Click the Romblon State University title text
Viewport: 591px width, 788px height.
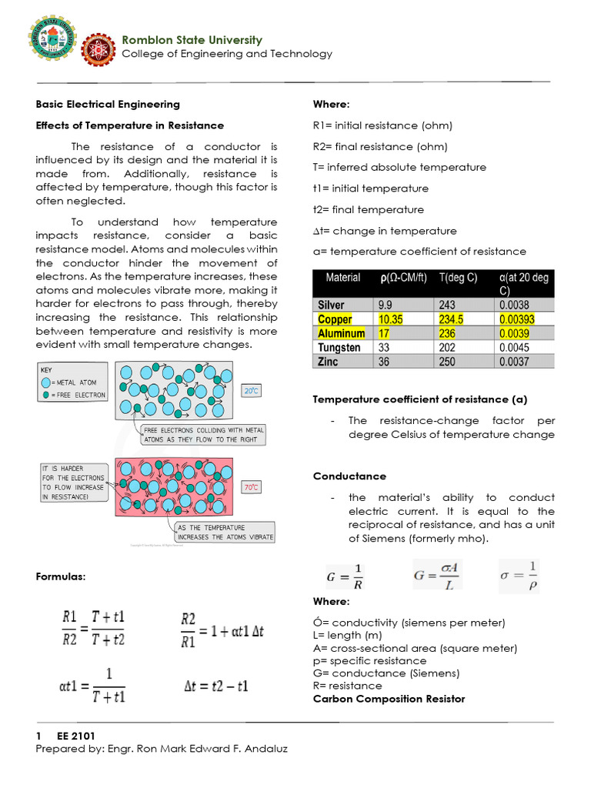pos(192,40)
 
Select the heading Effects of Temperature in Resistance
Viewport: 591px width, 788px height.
pos(130,125)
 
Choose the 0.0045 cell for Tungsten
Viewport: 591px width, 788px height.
pos(514,348)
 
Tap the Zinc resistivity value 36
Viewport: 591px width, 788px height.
pos(384,362)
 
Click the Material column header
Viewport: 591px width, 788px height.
pos(342,278)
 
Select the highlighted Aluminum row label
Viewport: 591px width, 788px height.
pos(341,333)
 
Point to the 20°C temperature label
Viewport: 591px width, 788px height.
pos(252,391)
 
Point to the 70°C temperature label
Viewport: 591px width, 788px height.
pos(252,487)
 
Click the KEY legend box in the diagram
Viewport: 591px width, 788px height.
pos(73,382)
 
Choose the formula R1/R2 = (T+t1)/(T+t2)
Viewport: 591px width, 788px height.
pos(93,628)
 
